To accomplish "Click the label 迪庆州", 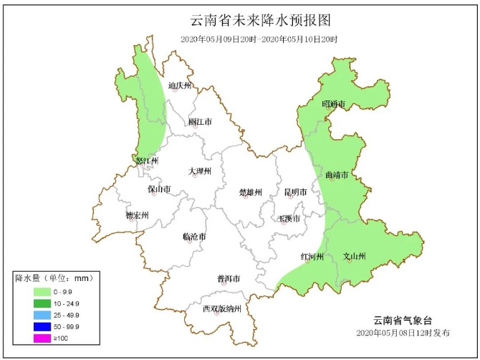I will click(180, 86).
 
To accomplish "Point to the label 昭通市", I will click(333, 105).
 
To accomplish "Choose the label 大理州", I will click(200, 171).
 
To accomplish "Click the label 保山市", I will click(159, 190).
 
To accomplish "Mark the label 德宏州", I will click(136, 215).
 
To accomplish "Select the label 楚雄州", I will click(251, 192).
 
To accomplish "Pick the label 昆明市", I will click(295, 192).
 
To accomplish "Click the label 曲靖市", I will click(337, 175).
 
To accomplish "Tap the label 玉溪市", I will click(290, 218).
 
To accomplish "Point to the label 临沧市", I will click(194, 236).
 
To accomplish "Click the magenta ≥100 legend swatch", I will click(43, 338).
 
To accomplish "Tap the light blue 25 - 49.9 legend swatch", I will click(43, 315).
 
